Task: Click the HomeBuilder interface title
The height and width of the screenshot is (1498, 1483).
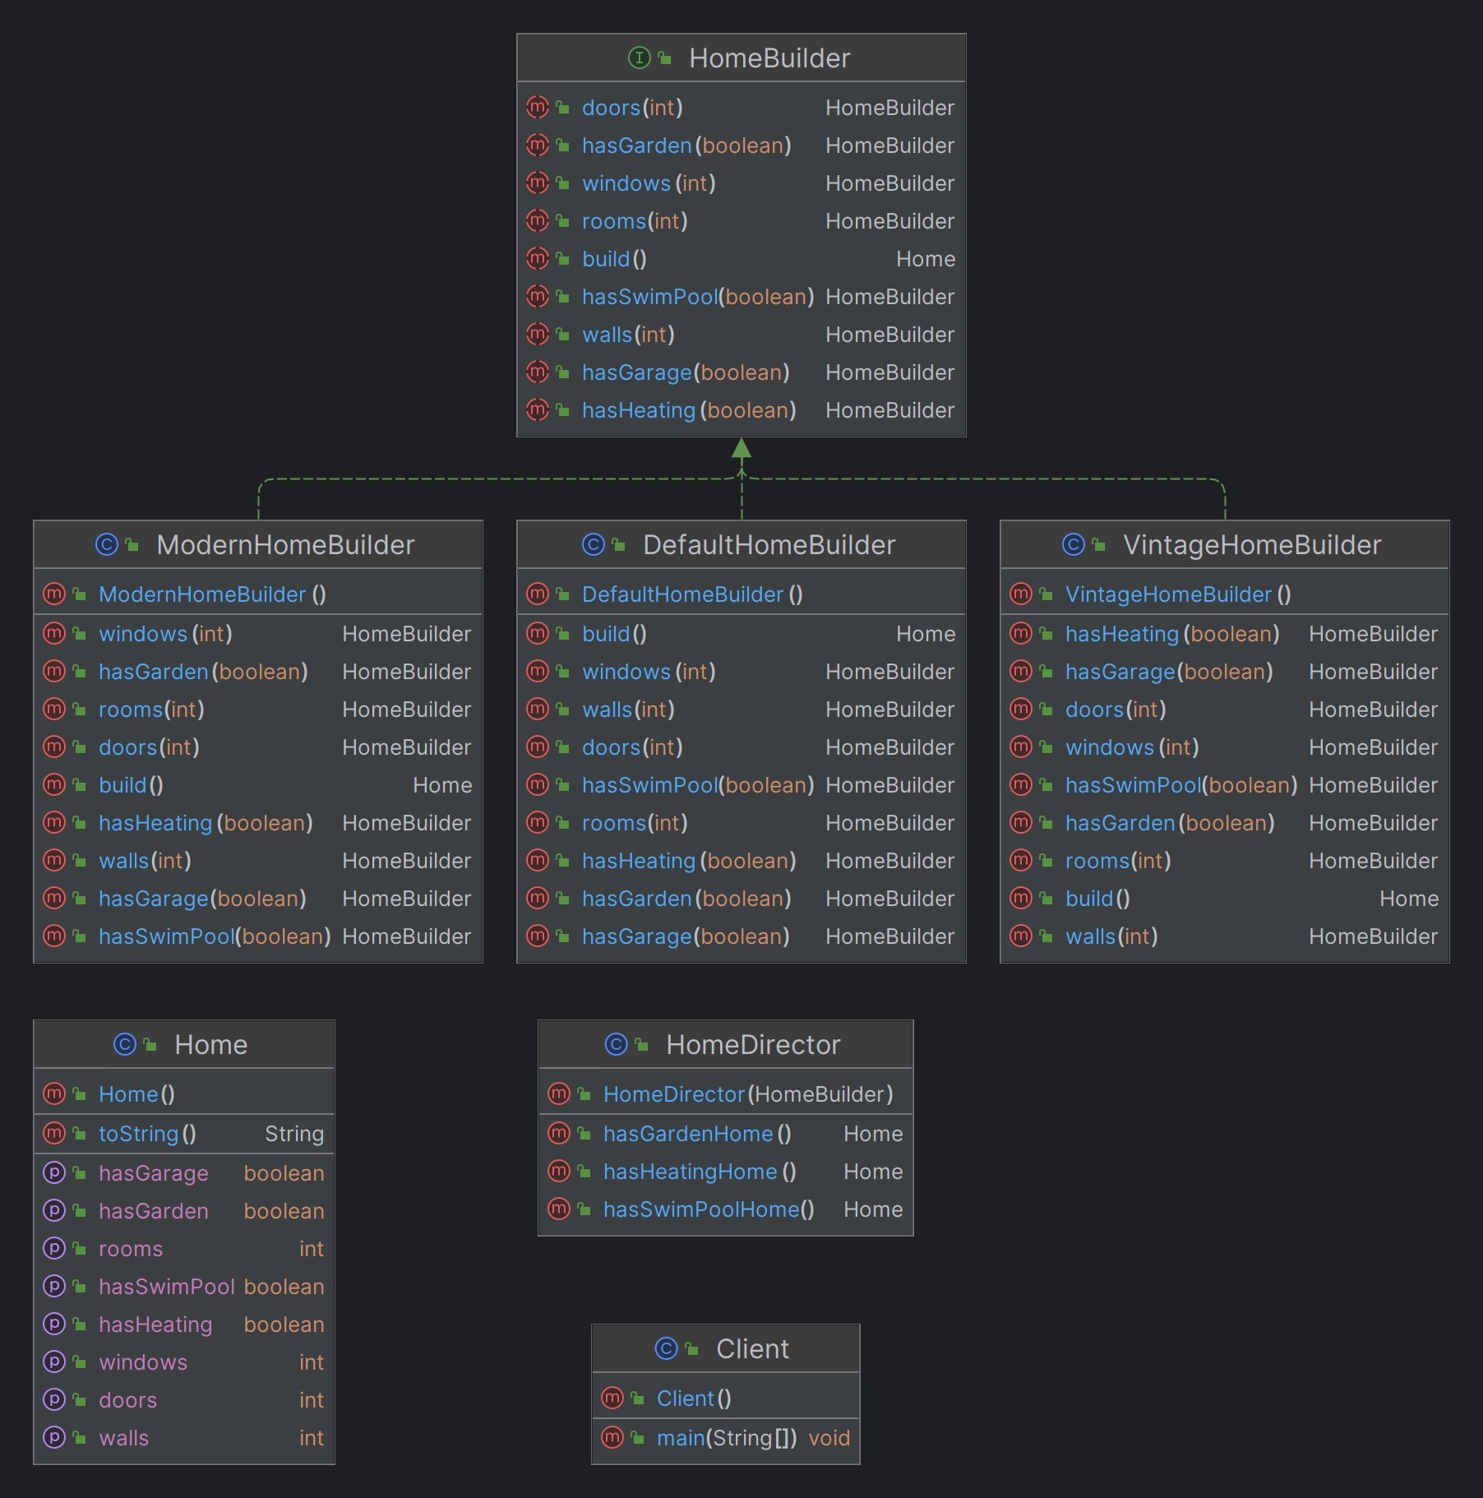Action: [769, 58]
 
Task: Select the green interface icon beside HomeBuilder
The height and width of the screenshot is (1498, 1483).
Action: [639, 58]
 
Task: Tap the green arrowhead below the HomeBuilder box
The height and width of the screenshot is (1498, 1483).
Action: [741, 448]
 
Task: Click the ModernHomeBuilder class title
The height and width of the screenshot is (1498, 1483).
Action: [285, 545]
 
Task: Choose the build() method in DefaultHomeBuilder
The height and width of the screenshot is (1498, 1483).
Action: [614, 634]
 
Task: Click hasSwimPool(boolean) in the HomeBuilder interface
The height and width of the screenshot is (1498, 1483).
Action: [698, 297]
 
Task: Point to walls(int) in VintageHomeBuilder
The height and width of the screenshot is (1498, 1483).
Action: [1111, 936]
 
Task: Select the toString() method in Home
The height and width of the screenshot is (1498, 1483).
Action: [147, 1134]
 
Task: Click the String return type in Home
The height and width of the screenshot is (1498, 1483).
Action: [294, 1134]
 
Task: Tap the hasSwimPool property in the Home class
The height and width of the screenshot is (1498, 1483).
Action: [167, 1287]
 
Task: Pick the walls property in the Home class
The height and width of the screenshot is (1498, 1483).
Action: [124, 1438]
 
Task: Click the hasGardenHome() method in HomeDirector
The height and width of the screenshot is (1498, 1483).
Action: [697, 1134]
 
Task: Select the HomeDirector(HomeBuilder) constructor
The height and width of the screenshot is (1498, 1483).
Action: [748, 1094]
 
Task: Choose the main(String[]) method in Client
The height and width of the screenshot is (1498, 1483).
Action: [727, 1438]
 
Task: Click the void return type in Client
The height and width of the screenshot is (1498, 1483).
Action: [829, 1438]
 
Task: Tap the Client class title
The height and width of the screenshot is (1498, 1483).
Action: [752, 1349]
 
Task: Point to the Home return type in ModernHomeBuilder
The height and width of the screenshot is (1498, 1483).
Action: [442, 785]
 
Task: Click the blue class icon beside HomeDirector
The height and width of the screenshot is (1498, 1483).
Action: [616, 1044]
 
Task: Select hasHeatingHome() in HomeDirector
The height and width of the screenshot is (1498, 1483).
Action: [700, 1172]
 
